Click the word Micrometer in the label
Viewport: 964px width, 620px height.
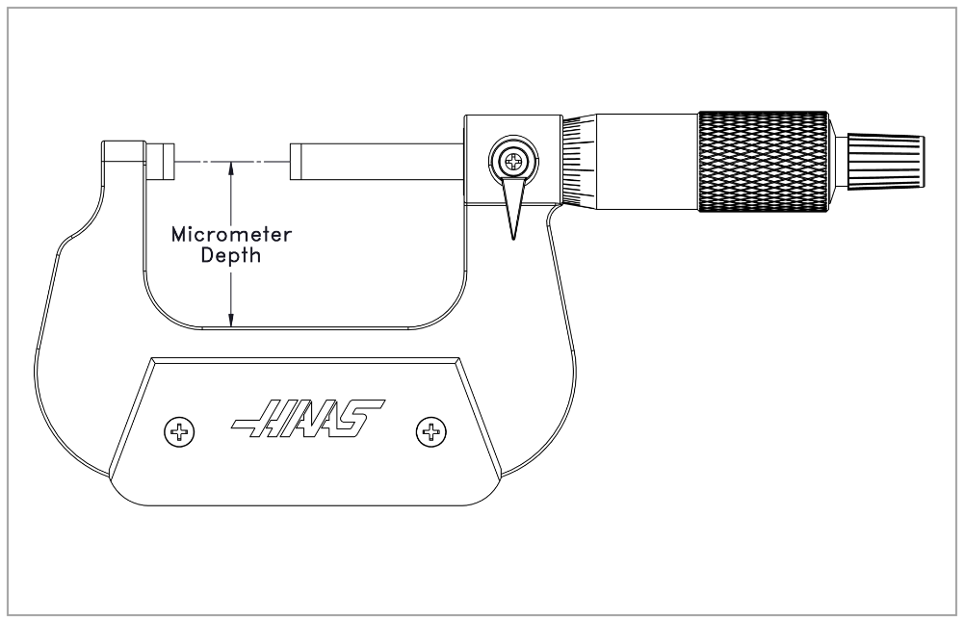pyautogui.click(x=231, y=234)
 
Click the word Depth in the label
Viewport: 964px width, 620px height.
pyautogui.click(x=231, y=255)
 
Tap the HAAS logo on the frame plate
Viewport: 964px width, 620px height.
pyautogui.click(x=308, y=419)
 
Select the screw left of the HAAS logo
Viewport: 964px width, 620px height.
pyautogui.click(x=180, y=432)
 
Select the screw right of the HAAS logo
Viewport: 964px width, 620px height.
pyautogui.click(x=431, y=432)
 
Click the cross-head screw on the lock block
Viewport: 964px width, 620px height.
pyautogui.click(x=513, y=162)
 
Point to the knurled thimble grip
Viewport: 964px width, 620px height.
pyautogui.click(x=763, y=162)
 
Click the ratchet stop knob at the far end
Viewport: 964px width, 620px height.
pyautogui.click(x=886, y=162)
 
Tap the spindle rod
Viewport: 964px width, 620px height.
pyautogui.click(x=377, y=162)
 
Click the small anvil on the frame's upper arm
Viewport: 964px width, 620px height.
pyautogui.click(x=161, y=162)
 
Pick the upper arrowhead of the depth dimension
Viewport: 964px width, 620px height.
pyautogui.click(x=231, y=168)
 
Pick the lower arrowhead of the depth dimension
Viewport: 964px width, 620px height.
pyautogui.click(x=231, y=321)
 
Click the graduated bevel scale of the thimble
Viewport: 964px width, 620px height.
pyautogui.click(x=579, y=162)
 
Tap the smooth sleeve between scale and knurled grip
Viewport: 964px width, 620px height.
pyautogui.click(x=647, y=162)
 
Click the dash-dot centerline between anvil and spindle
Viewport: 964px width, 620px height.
pyautogui.click(x=232, y=162)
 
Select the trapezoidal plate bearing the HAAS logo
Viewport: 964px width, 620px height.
pyautogui.click(x=305, y=431)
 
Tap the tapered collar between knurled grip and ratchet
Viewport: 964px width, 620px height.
pyautogui.click(x=837, y=162)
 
